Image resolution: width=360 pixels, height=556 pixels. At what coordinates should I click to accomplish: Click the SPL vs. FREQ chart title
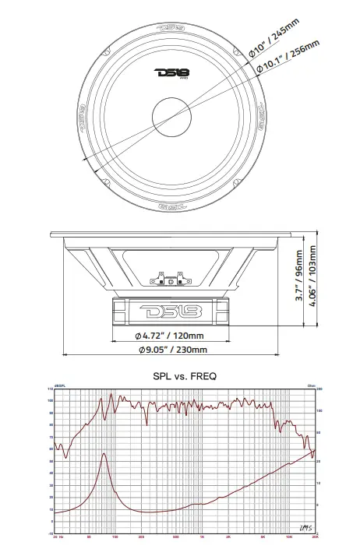click(184, 375)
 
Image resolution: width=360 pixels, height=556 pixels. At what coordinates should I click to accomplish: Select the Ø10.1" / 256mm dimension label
click(287, 58)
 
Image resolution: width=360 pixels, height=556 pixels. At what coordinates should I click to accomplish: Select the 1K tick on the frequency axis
click(202, 537)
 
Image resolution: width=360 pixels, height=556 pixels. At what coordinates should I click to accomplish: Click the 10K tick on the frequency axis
click(289, 537)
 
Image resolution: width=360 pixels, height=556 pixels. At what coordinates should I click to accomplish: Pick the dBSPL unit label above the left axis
click(59, 385)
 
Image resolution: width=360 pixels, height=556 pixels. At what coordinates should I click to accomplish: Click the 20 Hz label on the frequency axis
click(56, 537)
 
